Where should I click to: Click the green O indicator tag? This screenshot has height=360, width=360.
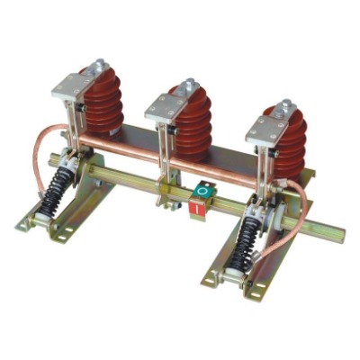(204, 192)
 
